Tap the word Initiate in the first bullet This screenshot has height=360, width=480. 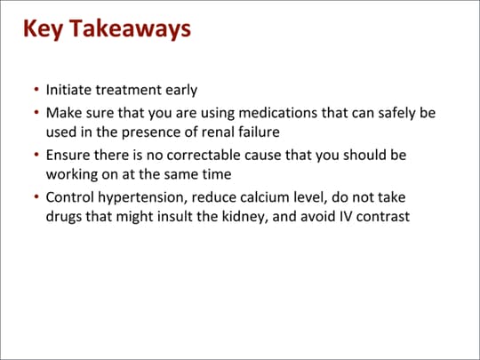coord(70,92)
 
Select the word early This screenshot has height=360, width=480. coord(179,92)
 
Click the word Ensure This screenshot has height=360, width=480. coord(69,155)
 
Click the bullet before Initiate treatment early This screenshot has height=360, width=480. coord(35,92)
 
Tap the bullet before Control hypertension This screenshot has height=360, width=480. coord(35,196)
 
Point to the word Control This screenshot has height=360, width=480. coord(70,196)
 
